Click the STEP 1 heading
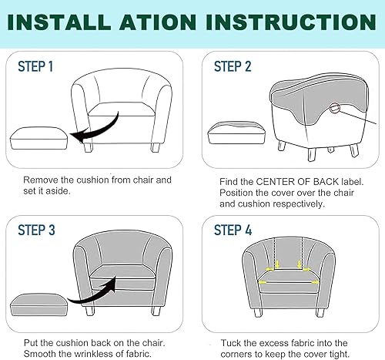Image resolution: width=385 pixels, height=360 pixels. pos(35,66)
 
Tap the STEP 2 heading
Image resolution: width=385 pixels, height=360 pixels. pos(233,66)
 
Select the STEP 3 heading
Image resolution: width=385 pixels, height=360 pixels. pos(36,230)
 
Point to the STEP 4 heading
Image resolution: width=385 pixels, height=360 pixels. pos(233,230)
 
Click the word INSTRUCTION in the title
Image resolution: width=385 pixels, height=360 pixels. pos(291,22)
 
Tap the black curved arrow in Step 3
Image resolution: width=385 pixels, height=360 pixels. pos(92,293)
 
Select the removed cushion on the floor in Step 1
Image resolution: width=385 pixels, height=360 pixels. pos(39,138)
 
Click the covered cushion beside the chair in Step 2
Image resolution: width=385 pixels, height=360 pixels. pos(236,133)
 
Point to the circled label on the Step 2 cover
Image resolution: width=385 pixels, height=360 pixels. pos(335,108)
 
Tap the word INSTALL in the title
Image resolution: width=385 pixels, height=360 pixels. pos(59,22)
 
